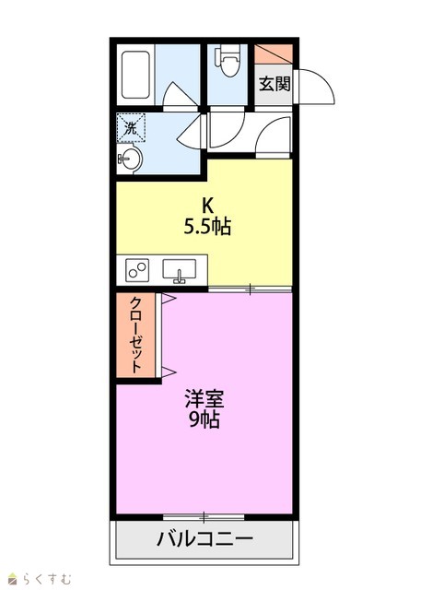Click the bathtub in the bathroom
click(x=135, y=75)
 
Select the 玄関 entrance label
click(x=274, y=84)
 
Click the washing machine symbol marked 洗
click(x=131, y=127)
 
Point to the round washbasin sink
click(x=129, y=159)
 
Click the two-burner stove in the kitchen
click(x=137, y=270)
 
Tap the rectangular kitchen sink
click(x=179, y=270)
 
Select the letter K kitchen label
click(x=207, y=206)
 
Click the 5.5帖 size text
click(x=207, y=227)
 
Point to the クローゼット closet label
click(x=135, y=335)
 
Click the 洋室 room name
click(x=204, y=399)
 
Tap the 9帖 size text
click(x=204, y=419)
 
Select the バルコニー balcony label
click(x=204, y=539)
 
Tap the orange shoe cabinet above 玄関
click(x=274, y=54)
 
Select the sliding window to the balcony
click(x=204, y=517)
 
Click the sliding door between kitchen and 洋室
click(x=250, y=289)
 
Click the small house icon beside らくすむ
click(x=14, y=578)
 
